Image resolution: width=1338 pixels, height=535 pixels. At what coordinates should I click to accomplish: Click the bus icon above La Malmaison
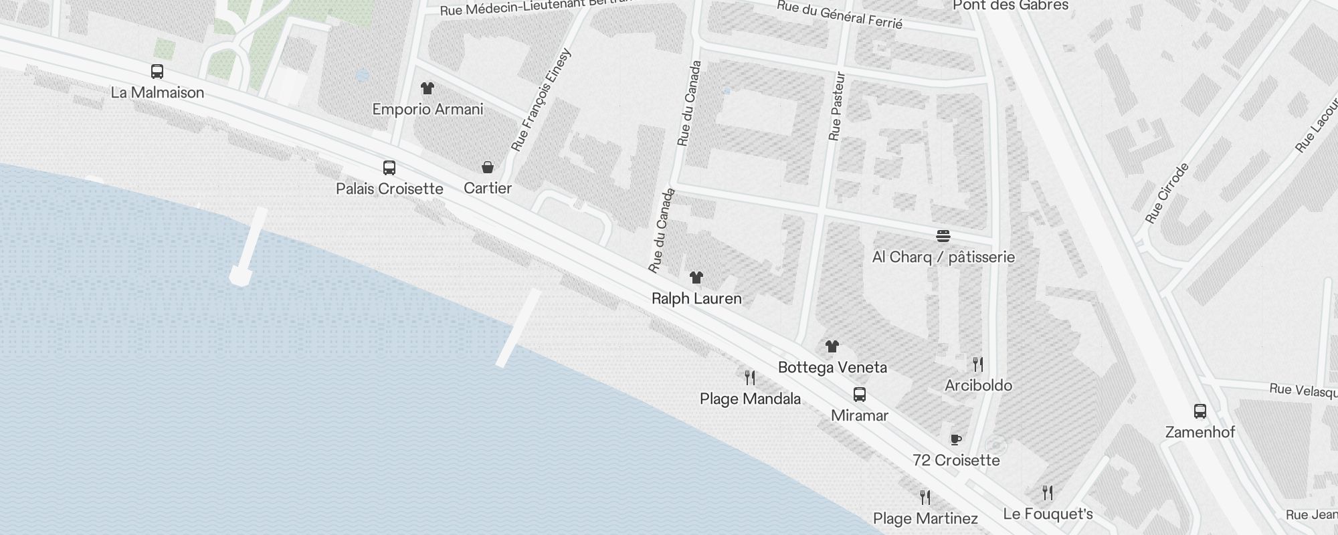pos(157,72)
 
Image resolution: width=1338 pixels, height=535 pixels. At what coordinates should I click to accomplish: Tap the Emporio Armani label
pos(427,109)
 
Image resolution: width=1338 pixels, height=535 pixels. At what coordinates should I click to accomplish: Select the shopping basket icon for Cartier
pos(488,167)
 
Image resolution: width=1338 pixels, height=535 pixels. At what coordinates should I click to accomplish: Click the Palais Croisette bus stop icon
pos(389,167)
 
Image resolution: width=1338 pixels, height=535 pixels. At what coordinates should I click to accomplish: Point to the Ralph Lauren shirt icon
pos(696,278)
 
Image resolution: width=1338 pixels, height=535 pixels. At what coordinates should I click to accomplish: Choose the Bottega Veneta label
pos(832,367)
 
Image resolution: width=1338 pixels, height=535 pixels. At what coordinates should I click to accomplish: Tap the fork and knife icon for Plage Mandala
pos(750,378)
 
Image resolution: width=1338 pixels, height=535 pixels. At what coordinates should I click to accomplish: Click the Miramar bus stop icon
pos(860,395)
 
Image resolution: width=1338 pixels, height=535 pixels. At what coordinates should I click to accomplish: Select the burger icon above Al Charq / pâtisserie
pos(943,235)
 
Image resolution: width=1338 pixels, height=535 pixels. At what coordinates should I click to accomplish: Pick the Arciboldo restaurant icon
pos(978,364)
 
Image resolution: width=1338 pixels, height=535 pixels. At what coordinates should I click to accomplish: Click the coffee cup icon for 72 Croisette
pos(956,439)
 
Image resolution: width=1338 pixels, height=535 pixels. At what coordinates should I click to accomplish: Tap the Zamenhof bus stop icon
pos(1200,411)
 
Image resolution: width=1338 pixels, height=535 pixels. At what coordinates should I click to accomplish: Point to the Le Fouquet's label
pos(1048,514)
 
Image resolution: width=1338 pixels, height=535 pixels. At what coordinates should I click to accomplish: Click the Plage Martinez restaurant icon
pos(925,498)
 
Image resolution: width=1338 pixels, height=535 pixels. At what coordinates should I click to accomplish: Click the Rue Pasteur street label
pos(837,107)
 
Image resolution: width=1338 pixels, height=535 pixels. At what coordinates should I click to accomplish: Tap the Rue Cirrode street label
pos(1167,193)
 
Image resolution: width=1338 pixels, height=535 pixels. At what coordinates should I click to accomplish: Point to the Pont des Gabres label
pos(1010,6)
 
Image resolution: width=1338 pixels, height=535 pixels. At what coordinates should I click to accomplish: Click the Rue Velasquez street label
pos(1303,391)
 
